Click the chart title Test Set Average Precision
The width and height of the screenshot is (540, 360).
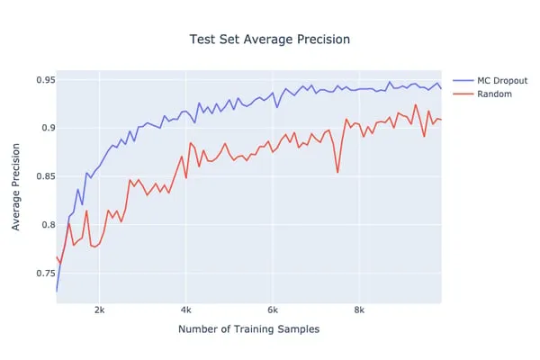(x=270, y=40)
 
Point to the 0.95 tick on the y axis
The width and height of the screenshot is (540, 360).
(x=40, y=80)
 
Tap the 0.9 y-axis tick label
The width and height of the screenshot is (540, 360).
(x=42, y=128)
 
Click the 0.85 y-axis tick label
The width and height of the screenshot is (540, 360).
(x=40, y=176)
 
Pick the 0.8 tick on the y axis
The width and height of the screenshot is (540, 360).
(x=42, y=225)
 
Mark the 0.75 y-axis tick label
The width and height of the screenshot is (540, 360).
(x=40, y=273)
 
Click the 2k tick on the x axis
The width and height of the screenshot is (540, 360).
(x=99, y=310)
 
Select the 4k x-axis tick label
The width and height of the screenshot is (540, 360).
(x=185, y=310)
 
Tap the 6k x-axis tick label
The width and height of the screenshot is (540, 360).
(x=272, y=310)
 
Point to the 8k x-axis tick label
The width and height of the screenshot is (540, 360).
(x=358, y=310)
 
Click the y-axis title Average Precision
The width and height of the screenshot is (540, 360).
(x=16, y=185)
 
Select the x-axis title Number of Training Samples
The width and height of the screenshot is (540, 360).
(x=248, y=329)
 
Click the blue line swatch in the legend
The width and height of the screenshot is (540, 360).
(x=460, y=79)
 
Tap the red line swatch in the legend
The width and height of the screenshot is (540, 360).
(x=460, y=94)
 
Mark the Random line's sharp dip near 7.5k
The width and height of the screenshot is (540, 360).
(x=337, y=172)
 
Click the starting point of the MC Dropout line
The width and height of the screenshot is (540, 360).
(x=57, y=291)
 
